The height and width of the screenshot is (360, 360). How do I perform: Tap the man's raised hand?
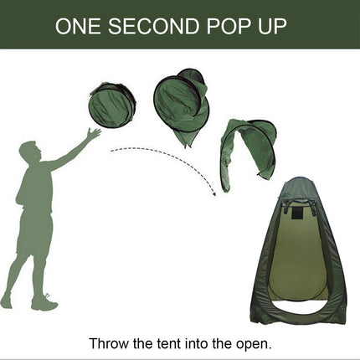tap(94, 133)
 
